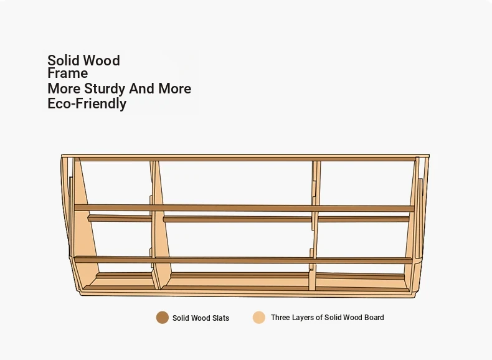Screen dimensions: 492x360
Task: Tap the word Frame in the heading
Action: (68, 73)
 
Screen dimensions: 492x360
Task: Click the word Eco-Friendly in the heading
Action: (87, 103)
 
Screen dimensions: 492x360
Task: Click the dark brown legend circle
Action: (163, 318)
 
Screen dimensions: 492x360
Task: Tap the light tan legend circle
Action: (259, 317)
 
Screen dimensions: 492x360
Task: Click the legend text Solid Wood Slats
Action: (201, 318)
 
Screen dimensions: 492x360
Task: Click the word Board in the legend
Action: (374, 317)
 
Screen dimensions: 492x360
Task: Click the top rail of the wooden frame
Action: (245, 157)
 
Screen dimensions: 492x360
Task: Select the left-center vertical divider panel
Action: (159, 225)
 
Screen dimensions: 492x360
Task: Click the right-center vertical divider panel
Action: (315, 225)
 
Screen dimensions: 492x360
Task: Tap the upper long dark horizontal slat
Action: (244, 208)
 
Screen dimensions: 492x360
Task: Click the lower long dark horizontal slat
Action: (244, 260)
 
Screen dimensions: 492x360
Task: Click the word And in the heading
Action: (142, 89)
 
